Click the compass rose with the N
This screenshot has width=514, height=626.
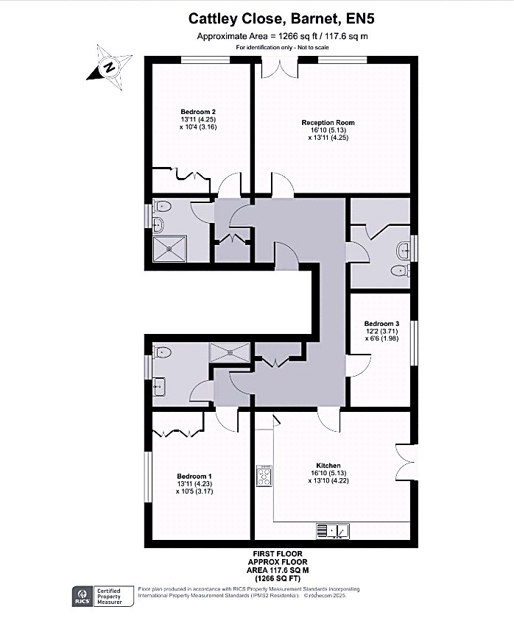point(110,67)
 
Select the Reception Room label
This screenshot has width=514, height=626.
point(328,123)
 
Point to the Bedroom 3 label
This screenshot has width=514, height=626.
point(381,324)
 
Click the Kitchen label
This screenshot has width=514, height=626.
point(328,466)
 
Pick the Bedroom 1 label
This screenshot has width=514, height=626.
point(194,476)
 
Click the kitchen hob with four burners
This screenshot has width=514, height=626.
point(264,475)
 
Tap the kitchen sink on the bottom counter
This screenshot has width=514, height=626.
point(333,531)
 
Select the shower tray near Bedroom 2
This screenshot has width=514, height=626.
point(170,249)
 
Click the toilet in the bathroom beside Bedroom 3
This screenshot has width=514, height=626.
point(400,271)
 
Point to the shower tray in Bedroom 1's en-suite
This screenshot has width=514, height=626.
point(230,352)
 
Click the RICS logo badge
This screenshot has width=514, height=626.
point(82,597)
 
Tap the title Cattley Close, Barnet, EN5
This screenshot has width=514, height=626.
point(282,18)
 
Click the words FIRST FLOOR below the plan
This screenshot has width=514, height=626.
point(278,554)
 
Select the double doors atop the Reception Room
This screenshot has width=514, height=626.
point(280,68)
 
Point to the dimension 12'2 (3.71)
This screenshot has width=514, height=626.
point(381,331)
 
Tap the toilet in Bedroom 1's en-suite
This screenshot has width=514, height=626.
point(162,352)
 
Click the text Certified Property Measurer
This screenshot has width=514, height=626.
point(109,597)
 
